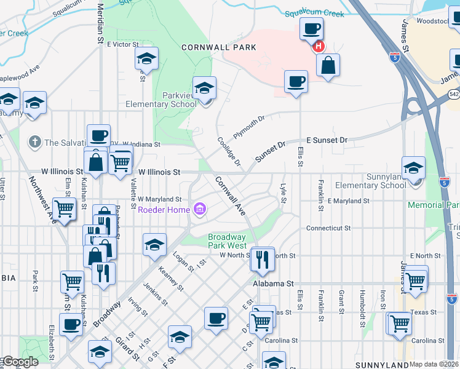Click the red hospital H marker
(318, 46)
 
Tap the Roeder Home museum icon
(199, 210)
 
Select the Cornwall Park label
(209, 47)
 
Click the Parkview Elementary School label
(161, 100)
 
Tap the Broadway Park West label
(227, 240)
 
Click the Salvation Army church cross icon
(34, 142)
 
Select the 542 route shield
(454, 94)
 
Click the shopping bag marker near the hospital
(328, 65)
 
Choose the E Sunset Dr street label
(327, 140)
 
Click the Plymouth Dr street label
(248, 127)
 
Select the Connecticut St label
(328, 228)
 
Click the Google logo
(20, 362)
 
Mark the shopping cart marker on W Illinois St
(121, 162)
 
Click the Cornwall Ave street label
(231, 196)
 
